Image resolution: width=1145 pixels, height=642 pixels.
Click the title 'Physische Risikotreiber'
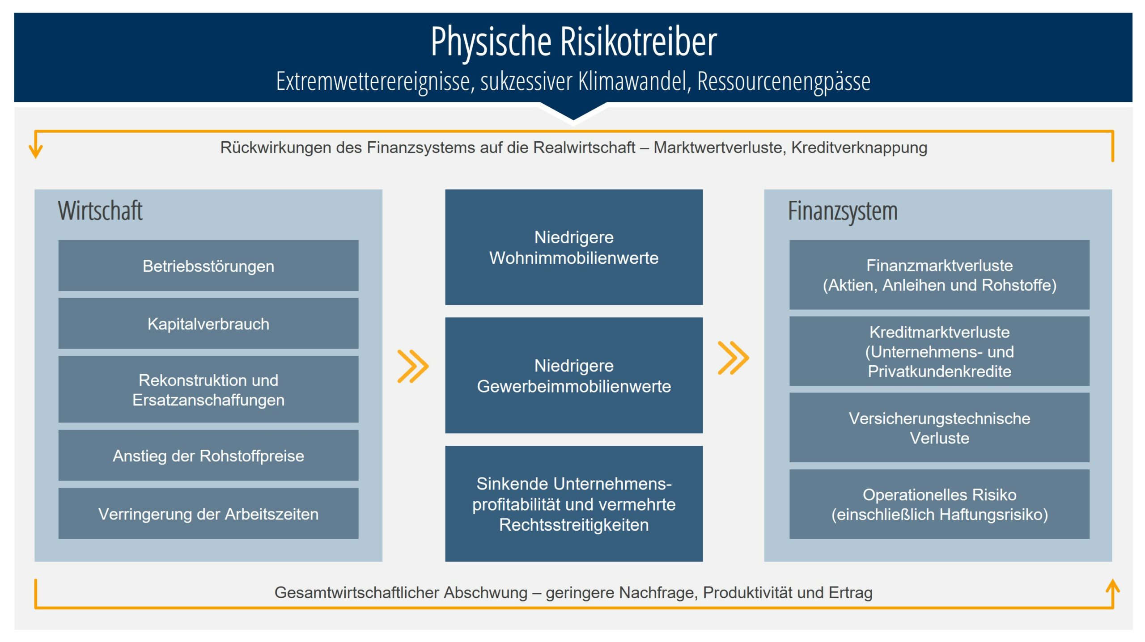(x=573, y=41)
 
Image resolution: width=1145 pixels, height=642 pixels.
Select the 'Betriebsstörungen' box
(x=208, y=266)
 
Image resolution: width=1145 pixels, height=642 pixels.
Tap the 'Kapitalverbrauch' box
(x=208, y=323)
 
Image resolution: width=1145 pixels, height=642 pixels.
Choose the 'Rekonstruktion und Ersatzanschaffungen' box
(x=208, y=389)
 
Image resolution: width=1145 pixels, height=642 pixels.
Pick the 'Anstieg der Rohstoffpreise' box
(x=208, y=455)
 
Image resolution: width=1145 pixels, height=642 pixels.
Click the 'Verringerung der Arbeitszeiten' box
(x=208, y=513)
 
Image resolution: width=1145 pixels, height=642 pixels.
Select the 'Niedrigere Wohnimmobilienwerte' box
(x=574, y=247)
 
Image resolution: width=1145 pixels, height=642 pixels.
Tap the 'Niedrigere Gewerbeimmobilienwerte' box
(x=574, y=376)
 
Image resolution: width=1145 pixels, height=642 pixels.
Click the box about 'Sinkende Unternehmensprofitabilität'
(x=574, y=504)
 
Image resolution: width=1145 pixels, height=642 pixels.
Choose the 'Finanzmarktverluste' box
(x=939, y=275)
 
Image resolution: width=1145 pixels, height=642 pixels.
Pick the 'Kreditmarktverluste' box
(x=939, y=351)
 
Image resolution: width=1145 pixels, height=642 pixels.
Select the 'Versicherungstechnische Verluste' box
(x=939, y=428)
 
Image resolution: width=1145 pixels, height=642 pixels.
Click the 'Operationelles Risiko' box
(x=939, y=504)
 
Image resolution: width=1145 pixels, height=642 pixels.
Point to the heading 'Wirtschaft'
(x=100, y=211)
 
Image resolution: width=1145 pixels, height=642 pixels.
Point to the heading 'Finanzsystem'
(x=843, y=211)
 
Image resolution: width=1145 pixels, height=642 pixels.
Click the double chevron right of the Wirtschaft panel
(x=413, y=367)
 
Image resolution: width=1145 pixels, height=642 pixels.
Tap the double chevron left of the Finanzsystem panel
(x=733, y=358)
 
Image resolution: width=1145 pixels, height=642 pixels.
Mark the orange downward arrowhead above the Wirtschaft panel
(x=36, y=151)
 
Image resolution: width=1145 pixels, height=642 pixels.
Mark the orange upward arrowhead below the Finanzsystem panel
(x=1113, y=587)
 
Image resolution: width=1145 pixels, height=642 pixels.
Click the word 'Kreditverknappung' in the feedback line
(x=859, y=148)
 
